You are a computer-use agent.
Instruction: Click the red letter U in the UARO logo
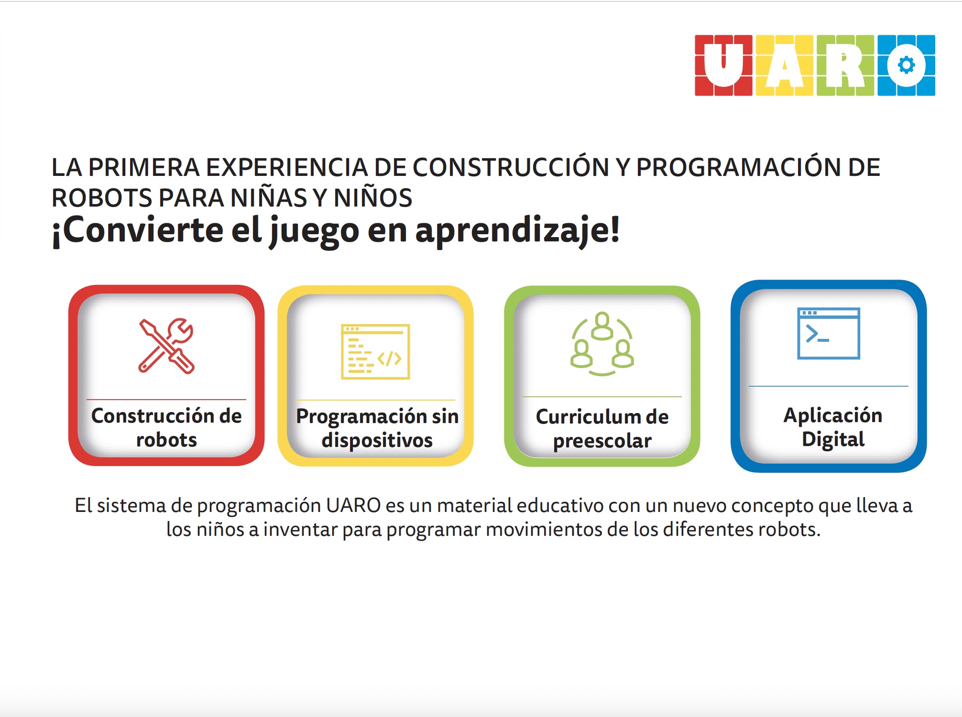pos(723,65)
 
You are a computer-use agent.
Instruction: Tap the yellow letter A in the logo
pos(785,65)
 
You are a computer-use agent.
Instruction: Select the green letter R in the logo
pos(845,65)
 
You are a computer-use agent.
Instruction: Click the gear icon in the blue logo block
pos(907,65)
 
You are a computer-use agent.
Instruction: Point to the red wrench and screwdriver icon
pos(166,346)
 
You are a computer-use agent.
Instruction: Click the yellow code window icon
pos(375,352)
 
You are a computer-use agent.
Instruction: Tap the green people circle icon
pos(602,344)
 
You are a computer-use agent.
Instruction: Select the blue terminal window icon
pos(829,333)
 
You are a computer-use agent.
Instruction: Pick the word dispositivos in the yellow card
pos(377,440)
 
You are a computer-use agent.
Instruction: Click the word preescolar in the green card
pos(602,441)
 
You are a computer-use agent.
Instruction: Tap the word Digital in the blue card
pos(833,439)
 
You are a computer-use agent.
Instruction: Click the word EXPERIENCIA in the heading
pos(286,167)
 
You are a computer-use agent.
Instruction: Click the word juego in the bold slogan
pos(314,231)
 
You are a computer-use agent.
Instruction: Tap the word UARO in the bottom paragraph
pos(353,506)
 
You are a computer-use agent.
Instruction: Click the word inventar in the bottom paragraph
pos(300,530)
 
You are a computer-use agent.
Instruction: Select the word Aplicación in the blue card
pos(833,415)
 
